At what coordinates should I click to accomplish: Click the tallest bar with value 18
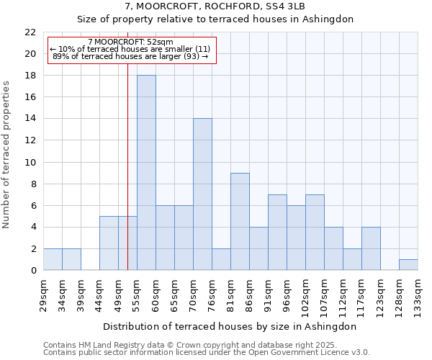[x=146, y=173]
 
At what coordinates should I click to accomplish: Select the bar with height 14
[x=202, y=194]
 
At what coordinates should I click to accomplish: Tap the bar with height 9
[x=240, y=222]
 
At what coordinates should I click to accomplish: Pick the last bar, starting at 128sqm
[x=408, y=265]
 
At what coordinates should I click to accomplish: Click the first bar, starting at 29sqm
[x=53, y=259]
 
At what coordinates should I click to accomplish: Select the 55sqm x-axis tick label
[x=137, y=294]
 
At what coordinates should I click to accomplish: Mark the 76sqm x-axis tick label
[x=212, y=294]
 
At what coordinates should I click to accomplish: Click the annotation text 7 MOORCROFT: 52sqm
[x=130, y=42]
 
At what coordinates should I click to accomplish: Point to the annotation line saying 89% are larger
[x=130, y=56]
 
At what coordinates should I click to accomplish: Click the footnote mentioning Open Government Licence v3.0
[x=207, y=352]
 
